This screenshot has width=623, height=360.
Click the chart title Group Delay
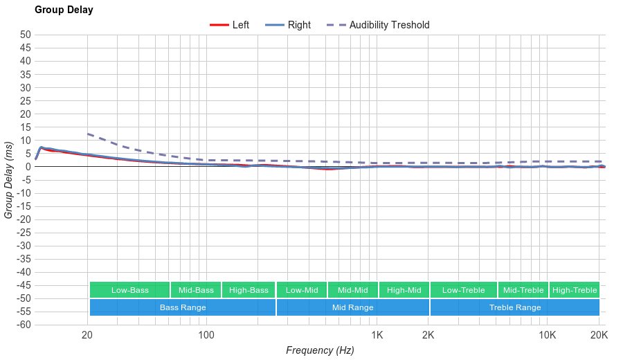click(64, 10)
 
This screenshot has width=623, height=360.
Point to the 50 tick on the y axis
click(25, 35)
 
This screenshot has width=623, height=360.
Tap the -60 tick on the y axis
click(24, 325)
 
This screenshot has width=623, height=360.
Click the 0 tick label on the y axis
click(28, 167)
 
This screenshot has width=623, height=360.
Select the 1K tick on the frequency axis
click(377, 336)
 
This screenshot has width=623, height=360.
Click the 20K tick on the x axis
click(599, 336)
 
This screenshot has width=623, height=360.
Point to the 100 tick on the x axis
click(206, 336)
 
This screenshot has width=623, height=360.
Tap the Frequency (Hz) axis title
click(320, 350)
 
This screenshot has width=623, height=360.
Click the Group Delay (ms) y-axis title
click(9, 179)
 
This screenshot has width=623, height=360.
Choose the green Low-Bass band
click(129, 290)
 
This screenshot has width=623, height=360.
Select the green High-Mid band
click(404, 290)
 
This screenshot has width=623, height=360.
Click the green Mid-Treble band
click(523, 290)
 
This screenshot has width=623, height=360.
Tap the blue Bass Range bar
click(183, 307)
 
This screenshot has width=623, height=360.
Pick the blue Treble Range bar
click(514, 307)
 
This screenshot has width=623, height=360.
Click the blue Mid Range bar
click(353, 307)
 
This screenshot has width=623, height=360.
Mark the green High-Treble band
click(575, 290)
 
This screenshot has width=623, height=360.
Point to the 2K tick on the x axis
click(428, 336)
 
